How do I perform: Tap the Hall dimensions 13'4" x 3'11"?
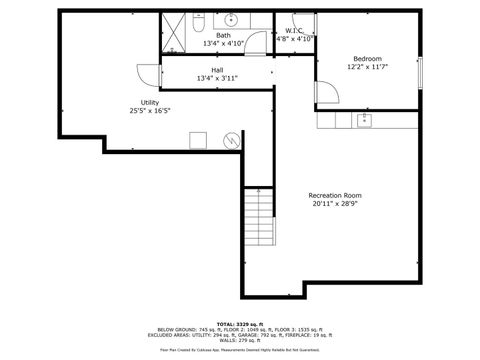(217, 78)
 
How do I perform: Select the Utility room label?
(150, 103)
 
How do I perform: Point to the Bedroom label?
(367, 58)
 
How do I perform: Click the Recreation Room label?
(335, 195)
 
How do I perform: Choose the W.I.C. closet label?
(293, 31)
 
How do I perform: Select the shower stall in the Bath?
(175, 34)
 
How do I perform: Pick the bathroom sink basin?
(230, 19)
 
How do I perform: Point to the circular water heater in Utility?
(232, 140)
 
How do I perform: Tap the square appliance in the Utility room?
(199, 141)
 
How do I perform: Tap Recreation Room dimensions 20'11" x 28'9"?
(335, 204)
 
